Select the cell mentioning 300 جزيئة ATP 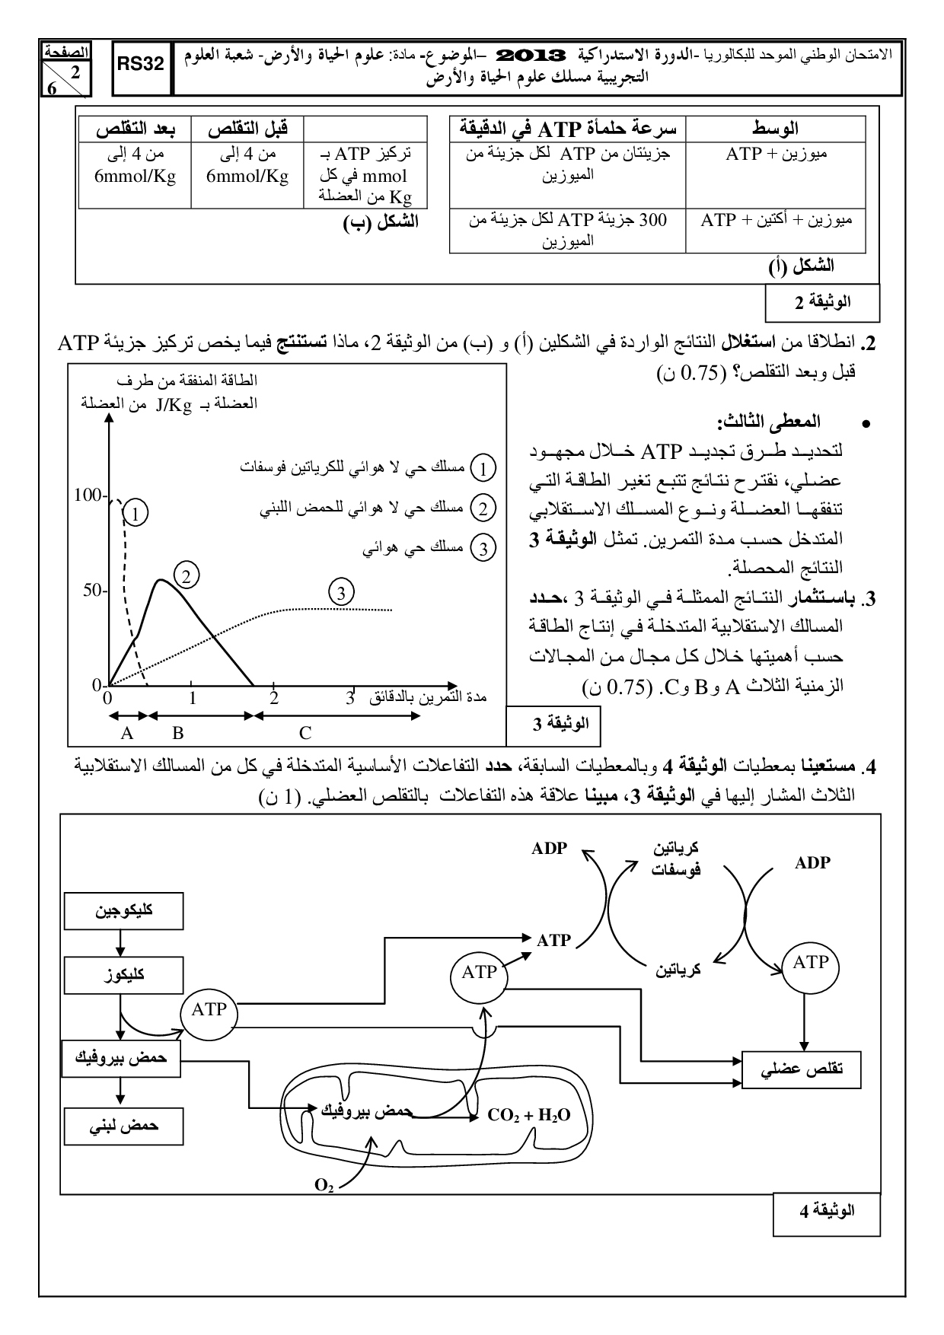coord(568,231)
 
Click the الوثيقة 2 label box coord(822,302)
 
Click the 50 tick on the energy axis coord(95,591)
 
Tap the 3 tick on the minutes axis coord(350,696)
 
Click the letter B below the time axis coord(178,733)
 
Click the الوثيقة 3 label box coord(553,724)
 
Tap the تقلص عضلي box coord(802,1069)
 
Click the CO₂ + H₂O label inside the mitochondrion coord(529,1116)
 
